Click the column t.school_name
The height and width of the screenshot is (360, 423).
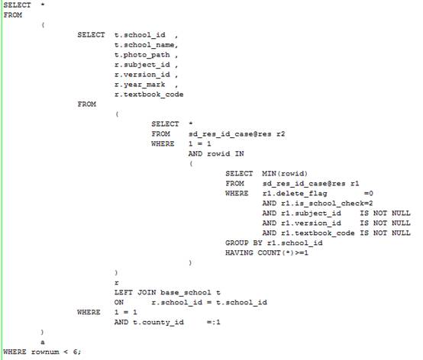tap(144, 45)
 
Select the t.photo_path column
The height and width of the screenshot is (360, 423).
tap(142, 55)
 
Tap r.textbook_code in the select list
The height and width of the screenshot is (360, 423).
tap(149, 95)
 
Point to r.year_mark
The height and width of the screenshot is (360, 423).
tap(140, 85)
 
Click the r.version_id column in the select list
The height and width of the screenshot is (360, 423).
tap(142, 75)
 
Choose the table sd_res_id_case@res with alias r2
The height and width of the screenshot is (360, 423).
tap(237, 134)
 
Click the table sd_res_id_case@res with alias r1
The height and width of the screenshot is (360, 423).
tap(311, 184)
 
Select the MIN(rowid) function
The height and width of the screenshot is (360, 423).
tap(285, 174)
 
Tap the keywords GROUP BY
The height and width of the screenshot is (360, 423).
tap(244, 243)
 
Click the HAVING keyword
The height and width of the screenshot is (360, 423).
tap(239, 252)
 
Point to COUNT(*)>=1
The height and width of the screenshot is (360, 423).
tap(283, 252)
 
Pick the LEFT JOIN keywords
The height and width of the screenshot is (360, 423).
tap(135, 292)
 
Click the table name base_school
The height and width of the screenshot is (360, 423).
tap(186, 292)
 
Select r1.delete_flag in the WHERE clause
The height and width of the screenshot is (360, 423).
tap(295, 194)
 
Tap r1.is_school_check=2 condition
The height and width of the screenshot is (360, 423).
tap(318, 204)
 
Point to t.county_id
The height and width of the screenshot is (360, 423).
tap(158, 323)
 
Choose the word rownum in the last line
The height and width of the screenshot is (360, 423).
tap(45, 352)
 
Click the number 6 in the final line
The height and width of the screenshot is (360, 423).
tap(76, 352)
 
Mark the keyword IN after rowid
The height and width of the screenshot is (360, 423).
tap(239, 154)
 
